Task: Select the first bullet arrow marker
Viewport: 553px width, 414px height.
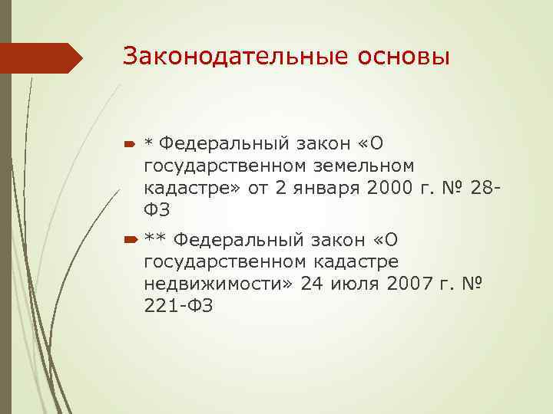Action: click(x=128, y=143)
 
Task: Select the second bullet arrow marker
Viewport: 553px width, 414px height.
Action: click(x=128, y=242)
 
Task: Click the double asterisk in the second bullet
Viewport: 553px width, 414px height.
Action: click(x=155, y=242)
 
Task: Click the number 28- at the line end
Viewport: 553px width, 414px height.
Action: click(x=487, y=186)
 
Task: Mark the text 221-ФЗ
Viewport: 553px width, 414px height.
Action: click(x=178, y=306)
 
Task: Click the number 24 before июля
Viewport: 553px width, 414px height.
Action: click(x=313, y=284)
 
